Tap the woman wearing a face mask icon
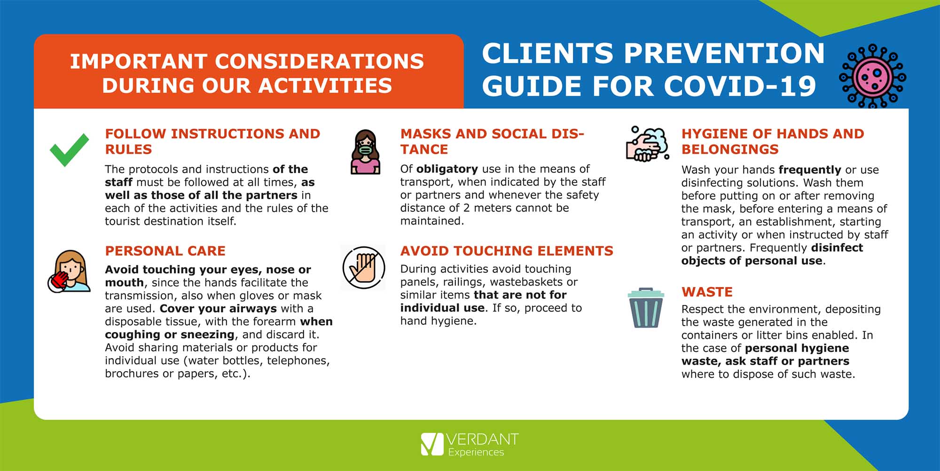366,152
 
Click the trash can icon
646,308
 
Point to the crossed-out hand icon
364,268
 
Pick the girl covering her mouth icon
69,271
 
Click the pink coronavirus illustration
872,76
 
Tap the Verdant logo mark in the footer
432,444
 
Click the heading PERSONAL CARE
165,251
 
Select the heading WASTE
707,292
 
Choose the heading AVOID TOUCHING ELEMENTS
507,251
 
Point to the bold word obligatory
447,169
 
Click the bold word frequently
810,170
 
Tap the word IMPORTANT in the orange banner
139,62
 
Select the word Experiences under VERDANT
476,452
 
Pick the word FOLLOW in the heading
136,134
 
